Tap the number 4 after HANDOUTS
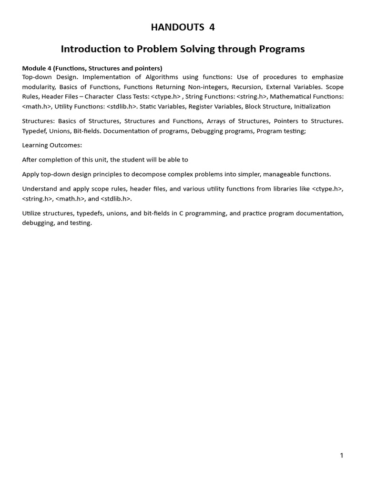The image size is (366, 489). point(212,27)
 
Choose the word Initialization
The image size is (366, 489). point(312,106)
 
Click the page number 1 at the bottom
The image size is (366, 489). point(342,456)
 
